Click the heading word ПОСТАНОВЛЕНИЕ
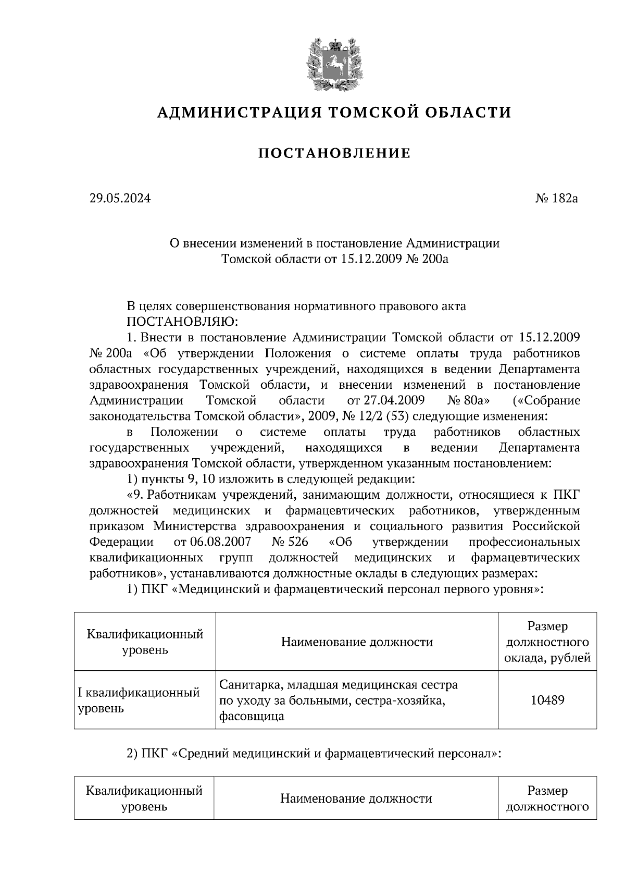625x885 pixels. [x=334, y=154]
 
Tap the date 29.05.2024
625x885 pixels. [x=120, y=199]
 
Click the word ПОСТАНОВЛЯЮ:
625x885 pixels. [x=174, y=322]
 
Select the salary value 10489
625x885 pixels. [x=547, y=700]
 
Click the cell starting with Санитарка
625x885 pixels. [x=339, y=684]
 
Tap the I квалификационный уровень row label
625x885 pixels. [x=139, y=700]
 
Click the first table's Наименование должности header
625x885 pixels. [x=357, y=642]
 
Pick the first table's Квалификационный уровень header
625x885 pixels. [x=145, y=642]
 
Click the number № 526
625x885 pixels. [x=290, y=542]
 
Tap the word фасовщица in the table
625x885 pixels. [x=252, y=716]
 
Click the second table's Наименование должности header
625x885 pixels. [x=356, y=798]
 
